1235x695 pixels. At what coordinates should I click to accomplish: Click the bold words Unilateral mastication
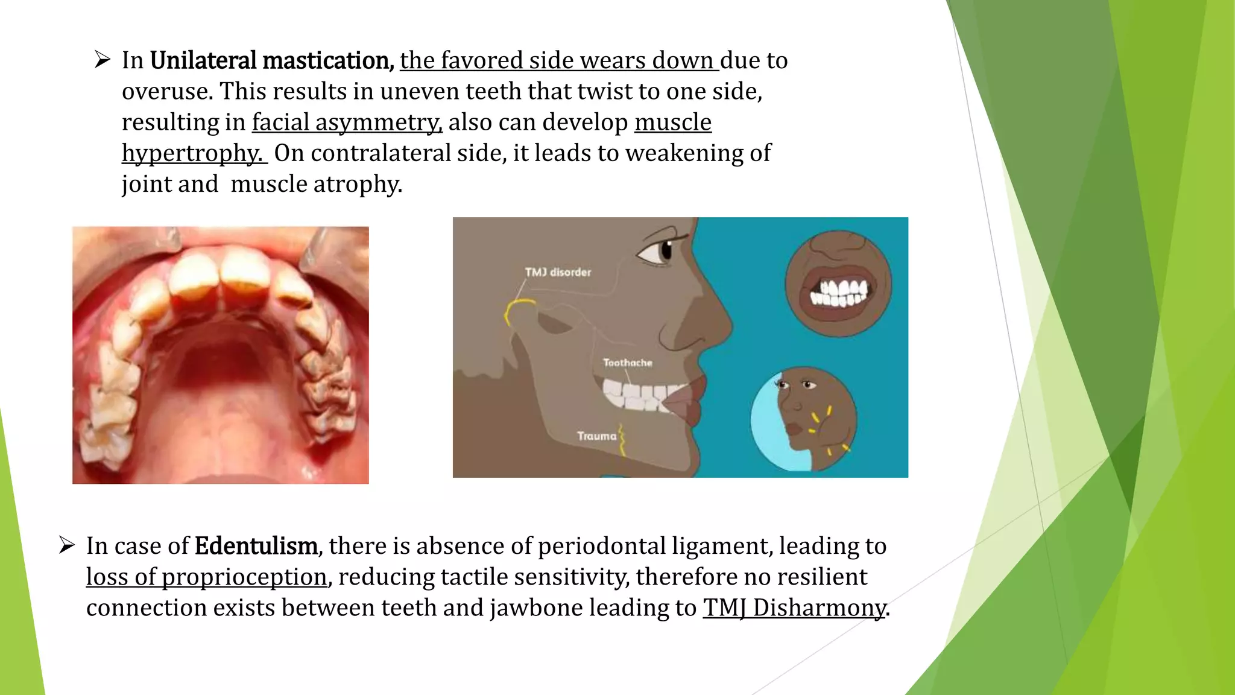pyautogui.click(x=271, y=61)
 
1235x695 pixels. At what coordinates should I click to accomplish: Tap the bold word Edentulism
pyautogui.click(x=256, y=546)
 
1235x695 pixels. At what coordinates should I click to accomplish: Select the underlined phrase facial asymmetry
pyautogui.click(x=347, y=122)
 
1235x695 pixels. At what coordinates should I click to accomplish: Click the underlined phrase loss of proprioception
pyautogui.click(x=206, y=577)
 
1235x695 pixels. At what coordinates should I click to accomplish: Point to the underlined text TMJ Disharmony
pyautogui.click(x=794, y=608)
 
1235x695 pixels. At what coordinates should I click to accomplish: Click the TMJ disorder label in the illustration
pyautogui.click(x=558, y=273)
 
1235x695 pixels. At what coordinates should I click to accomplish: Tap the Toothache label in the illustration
pyautogui.click(x=628, y=363)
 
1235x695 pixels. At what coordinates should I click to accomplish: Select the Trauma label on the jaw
pyautogui.click(x=596, y=436)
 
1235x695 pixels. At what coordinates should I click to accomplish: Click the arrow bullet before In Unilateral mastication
pyautogui.click(x=103, y=60)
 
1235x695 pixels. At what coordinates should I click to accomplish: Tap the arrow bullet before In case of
pyautogui.click(x=66, y=546)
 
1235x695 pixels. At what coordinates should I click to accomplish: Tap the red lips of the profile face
pyautogui.click(x=687, y=401)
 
